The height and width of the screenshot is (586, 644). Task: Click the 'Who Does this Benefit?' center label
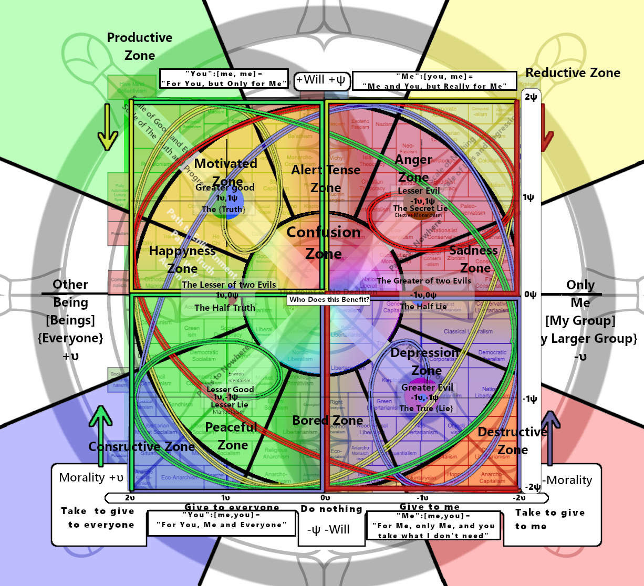pyautogui.click(x=329, y=299)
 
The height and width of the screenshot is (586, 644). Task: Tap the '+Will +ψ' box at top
pyautogui.click(x=321, y=80)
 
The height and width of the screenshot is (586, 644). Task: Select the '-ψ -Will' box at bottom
pyautogui.click(x=328, y=529)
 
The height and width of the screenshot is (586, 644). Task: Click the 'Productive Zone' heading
pyautogui.click(x=140, y=46)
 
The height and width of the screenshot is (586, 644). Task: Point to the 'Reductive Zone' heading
pyautogui.click(x=573, y=73)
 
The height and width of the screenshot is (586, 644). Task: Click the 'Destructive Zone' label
pyautogui.click(x=513, y=441)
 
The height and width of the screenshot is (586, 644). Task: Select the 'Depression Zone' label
pyautogui.click(x=425, y=361)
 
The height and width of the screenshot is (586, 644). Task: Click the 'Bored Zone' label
pyautogui.click(x=327, y=420)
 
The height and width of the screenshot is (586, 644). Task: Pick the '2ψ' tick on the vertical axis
pyautogui.click(x=531, y=97)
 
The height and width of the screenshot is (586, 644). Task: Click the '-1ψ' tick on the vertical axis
pyautogui.click(x=529, y=399)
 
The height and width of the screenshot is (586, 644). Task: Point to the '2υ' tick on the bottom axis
pyautogui.click(x=130, y=498)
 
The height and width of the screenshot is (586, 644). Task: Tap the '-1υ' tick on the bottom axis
pyautogui.click(x=422, y=498)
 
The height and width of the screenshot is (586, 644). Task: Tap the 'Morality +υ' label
pyautogui.click(x=91, y=477)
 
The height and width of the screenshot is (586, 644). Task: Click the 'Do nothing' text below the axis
pyautogui.click(x=331, y=509)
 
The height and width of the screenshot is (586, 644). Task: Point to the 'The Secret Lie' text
pyautogui.click(x=420, y=208)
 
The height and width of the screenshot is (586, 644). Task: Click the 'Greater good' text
pyautogui.click(x=225, y=187)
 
